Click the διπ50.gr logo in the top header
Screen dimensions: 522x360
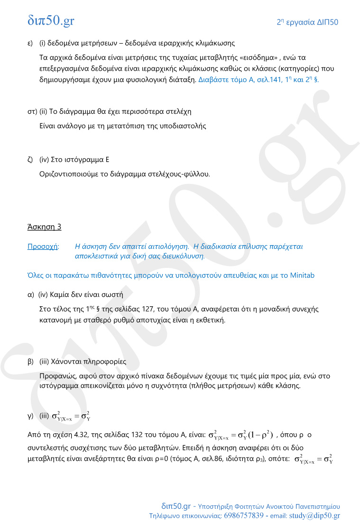[x=51, y=21]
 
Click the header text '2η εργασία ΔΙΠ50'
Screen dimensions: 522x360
[x=307, y=22]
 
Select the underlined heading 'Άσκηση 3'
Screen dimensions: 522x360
[x=44, y=227]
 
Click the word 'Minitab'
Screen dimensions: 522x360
[x=302, y=275]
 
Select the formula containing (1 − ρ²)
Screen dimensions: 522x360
[x=240, y=435]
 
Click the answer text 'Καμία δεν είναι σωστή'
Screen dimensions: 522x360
[x=87, y=294]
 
